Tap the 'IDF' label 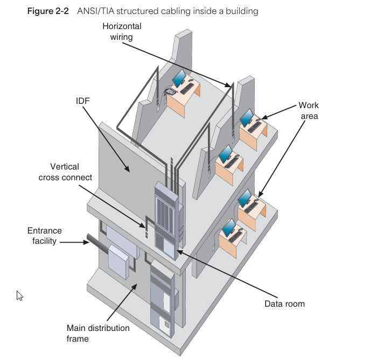[x=82, y=101]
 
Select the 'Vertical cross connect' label [x=65, y=172]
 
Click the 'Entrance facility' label [x=45, y=236]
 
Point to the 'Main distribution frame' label [x=98, y=333]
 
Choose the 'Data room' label [x=284, y=304]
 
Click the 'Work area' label [x=309, y=110]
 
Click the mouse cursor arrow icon [x=20, y=295]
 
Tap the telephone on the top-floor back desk [x=170, y=91]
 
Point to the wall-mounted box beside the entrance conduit [x=117, y=260]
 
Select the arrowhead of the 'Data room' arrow [x=179, y=251]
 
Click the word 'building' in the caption [x=243, y=11]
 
